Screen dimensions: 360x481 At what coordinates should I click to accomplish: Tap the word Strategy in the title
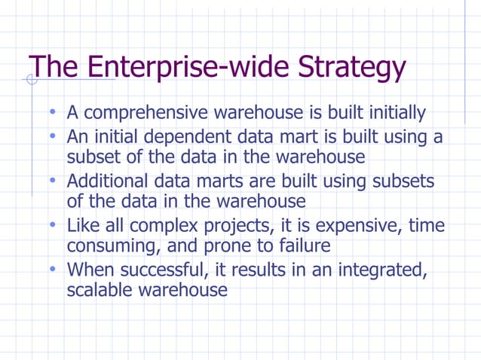pos(351,69)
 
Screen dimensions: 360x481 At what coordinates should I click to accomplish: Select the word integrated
pos(380,270)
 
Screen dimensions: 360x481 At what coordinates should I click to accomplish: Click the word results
pos(256,270)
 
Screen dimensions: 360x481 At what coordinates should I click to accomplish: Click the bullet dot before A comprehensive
pos(54,113)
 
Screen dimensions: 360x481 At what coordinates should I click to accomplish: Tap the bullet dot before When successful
pos(54,269)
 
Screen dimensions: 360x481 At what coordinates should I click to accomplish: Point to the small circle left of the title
pos(32,79)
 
